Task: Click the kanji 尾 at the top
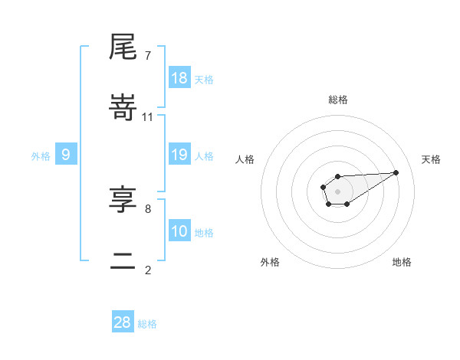coord(124,48)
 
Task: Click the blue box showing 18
coord(179,78)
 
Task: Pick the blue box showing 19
coord(179,155)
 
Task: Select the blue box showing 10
coord(179,231)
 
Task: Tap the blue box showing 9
coord(66,155)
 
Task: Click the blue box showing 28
coord(123,322)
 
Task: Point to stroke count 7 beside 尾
coord(147,56)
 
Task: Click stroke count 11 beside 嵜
coord(148,117)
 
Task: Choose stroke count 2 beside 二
coord(147,270)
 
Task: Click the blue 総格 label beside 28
coord(148,324)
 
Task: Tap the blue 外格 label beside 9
coord(41,156)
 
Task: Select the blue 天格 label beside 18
coord(204,80)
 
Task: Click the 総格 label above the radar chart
coord(338,100)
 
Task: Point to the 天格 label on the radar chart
coord(432,159)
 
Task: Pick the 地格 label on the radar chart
coord(402,262)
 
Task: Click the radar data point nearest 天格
coord(396,172)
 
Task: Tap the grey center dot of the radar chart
coord(338,190)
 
